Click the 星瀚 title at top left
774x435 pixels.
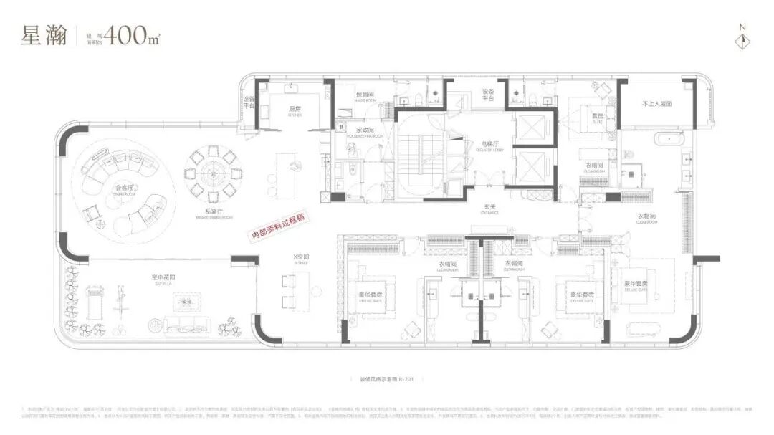coord(44,35)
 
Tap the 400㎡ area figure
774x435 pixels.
coord(132,34)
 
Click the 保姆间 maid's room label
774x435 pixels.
coord(365,95)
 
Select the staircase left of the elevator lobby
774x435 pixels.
coord(418,154)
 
